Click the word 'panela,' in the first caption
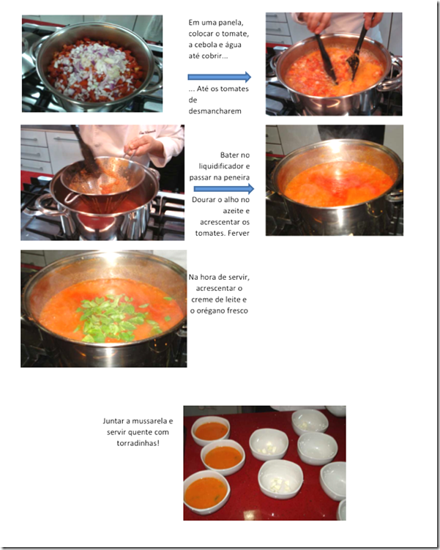click(x=231, y=23)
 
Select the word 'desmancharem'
click(x=215, y=111)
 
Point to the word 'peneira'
click(x=236, y=177)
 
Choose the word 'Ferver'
click(x=238, y=234)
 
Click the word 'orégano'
click(x=210, y=311)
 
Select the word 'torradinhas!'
click(x=138, y=443)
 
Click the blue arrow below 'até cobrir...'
click(x=220, y=77)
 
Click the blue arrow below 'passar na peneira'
click(x=224, y=189)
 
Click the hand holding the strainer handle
click(x=143, y=146)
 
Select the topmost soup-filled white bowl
click(x=210, y=431)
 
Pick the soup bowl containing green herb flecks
click(x=207, y=491)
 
